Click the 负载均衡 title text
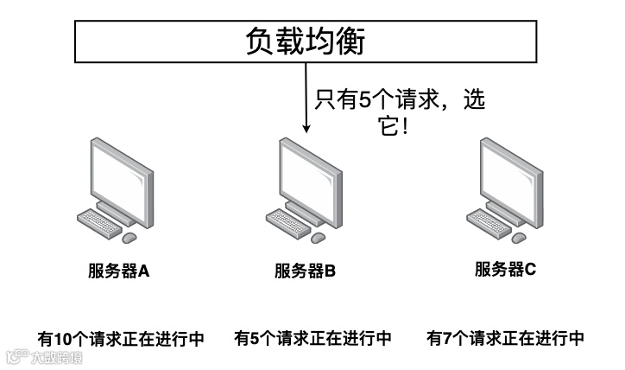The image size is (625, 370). [x=306, y=41]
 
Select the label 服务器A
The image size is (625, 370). [x=119, y=271]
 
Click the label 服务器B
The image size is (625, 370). [x=305, y=271]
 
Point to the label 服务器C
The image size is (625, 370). [x=505, y=269]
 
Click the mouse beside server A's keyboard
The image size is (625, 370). [x=129, y=237]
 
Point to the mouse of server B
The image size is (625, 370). [x=318, y=237]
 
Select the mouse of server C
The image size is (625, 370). [x=518, y=236]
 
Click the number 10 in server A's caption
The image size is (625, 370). [x=63, y=338]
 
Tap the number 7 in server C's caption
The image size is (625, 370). [x=446, y=338]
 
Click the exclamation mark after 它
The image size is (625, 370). [x=404, y=126]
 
